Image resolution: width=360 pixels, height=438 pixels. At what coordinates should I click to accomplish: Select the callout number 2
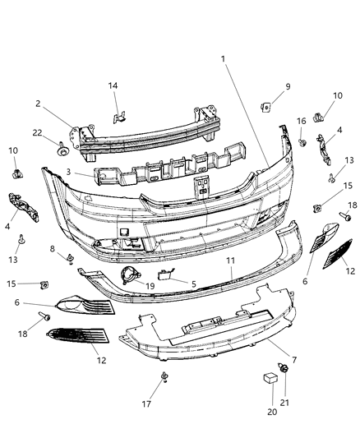pyautogui.click(x=39, y=105)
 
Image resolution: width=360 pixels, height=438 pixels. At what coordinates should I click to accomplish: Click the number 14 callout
pyautogui.click(x=114, y=85)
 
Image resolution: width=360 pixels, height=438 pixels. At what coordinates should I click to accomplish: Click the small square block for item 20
pyautogui.click(x=269, y=379)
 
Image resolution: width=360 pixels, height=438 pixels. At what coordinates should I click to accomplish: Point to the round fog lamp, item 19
pyautogui.click(x=129, y=275)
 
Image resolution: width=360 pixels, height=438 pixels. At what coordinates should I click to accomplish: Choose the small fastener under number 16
pyautogui.click(x=302, y=143)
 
